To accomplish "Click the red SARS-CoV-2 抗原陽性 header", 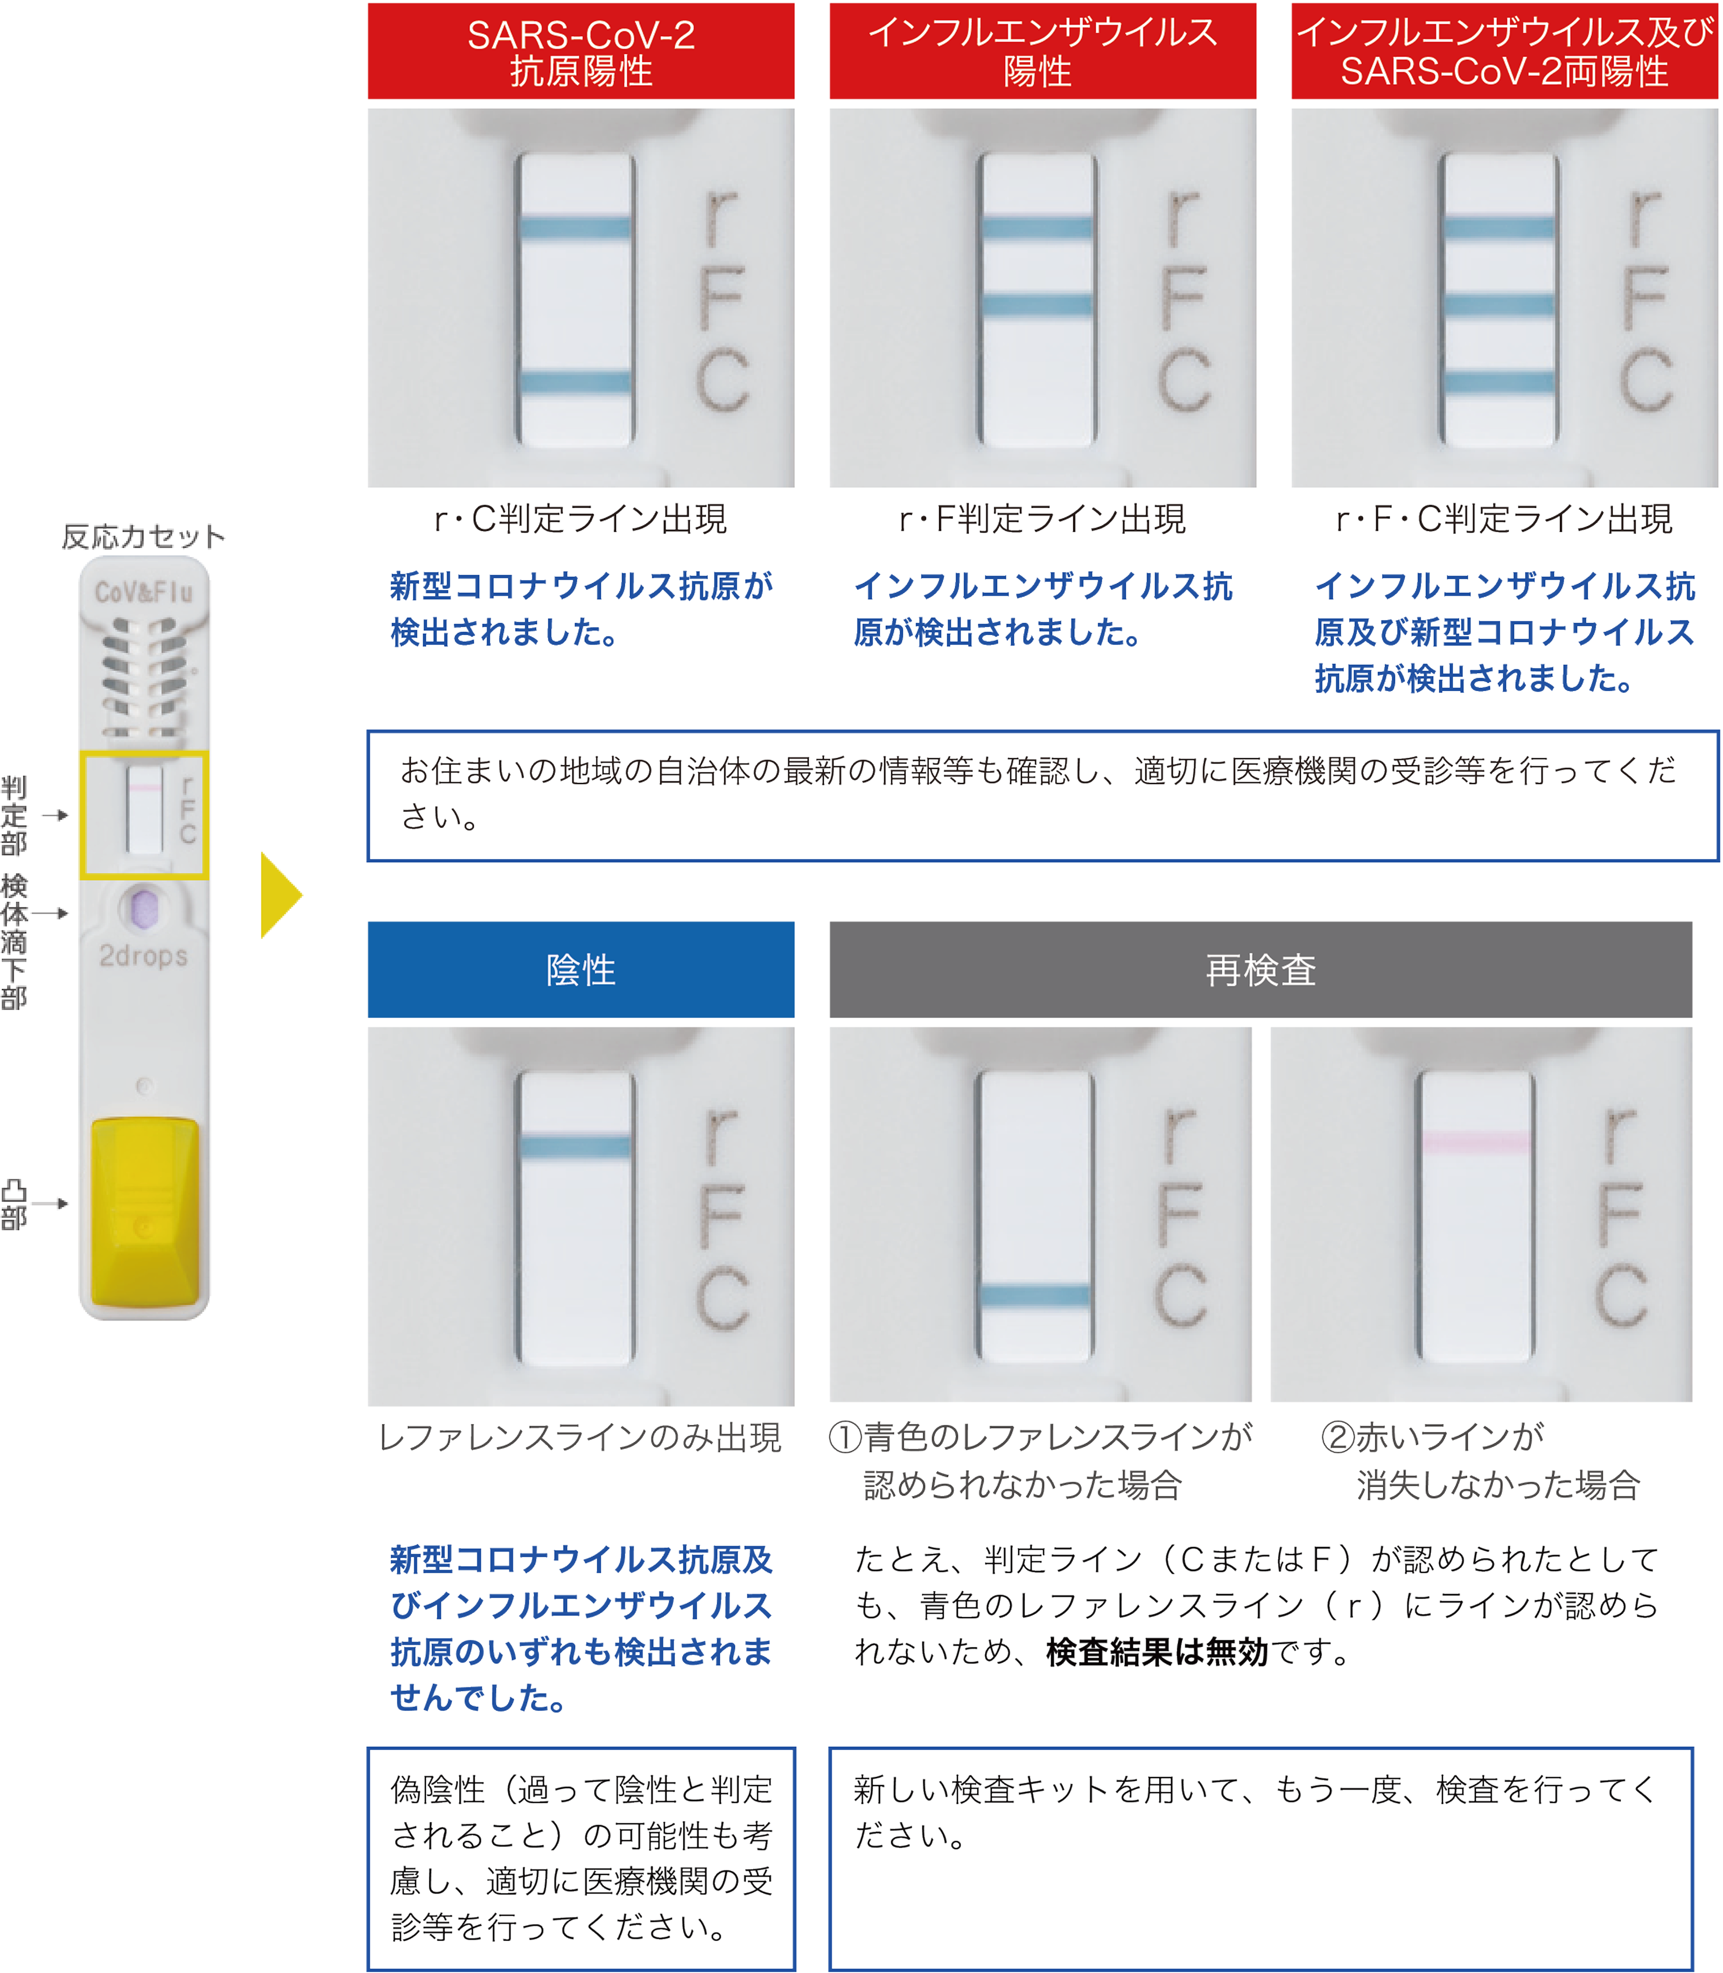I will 581,52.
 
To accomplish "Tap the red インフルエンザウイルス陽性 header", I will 1042,52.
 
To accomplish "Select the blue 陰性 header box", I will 581,969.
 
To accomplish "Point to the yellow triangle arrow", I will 280,894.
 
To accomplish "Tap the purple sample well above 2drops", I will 143,908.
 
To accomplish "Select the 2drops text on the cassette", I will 143,956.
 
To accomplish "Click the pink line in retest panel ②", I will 1476,1141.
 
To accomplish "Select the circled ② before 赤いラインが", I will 1336,1437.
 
